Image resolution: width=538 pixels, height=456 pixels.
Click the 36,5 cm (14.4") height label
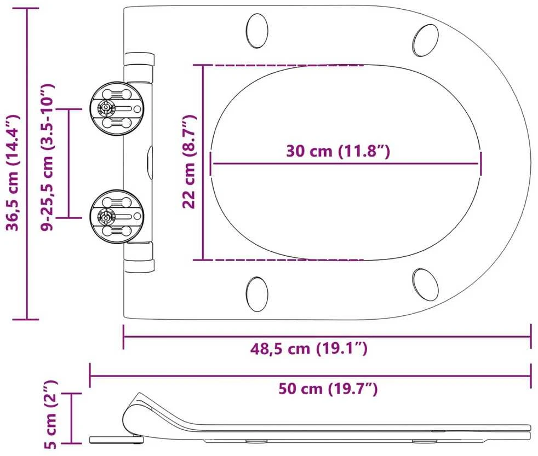pyautogui.click(x=12, y=172)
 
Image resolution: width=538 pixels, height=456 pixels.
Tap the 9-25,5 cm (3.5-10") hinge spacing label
pyautogui.click(x=47, y=157)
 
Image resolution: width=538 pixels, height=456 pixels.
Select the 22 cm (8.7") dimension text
pyautogui.click(x=189, y=161)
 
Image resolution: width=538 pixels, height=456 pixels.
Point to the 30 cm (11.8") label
pyautogui.click(x=338, y=151)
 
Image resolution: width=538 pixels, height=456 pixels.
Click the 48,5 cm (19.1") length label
pyautogui.click(x=309, y=349)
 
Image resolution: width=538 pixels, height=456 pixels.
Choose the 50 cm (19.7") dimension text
pyautogui.click(x=328, y=389)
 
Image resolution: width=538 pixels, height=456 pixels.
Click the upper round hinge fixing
pyautogui.click(x=117, y=109)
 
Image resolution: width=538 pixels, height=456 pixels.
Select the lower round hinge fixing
pyautogui.click(x=117, y=217)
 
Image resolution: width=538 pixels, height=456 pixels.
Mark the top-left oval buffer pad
pyautogui.click(x=257, y=30)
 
